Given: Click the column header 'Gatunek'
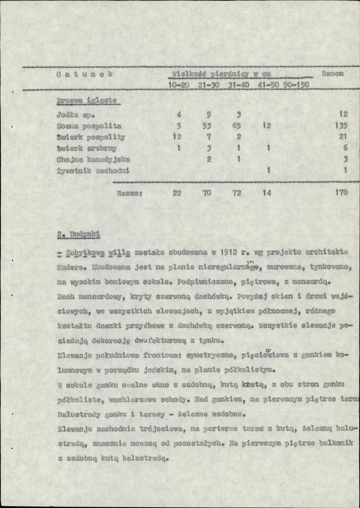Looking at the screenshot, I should pyautogui.click(x=84, y=74).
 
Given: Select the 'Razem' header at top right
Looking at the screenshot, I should pyautogui.click(x=332, y=74).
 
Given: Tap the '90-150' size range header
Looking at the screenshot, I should pyautogui.click(x=295, y=85).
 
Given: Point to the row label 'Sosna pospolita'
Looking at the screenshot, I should pyautogui.click(x=89, y=126).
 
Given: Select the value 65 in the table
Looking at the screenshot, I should pyautogui.click(x=238, y=126).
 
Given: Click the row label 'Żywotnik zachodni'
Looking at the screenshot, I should pyautogui.click(x=93, y=171).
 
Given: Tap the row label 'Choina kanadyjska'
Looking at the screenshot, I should pyautogui.click(x=93, y=159).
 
